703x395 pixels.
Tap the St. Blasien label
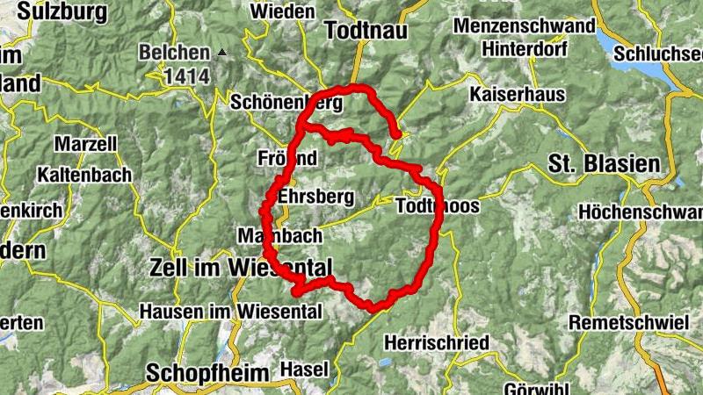click(604, 163)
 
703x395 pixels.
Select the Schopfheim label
click(207, 372)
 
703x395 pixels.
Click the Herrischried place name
click(437, 342)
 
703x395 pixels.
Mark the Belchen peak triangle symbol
click(222, 53)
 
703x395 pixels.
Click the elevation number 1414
click(186, 76)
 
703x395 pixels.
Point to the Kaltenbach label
click(84, 175)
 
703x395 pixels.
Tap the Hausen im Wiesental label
click(231, 310)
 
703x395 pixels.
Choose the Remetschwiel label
click(628, 322)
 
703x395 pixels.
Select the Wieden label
click(282, 11)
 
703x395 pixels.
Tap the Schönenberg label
click(285, 102)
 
